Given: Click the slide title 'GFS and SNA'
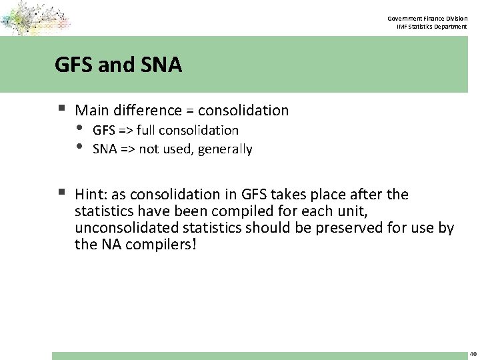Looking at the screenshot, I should point(118,65).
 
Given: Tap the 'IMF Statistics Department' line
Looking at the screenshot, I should point(432,27).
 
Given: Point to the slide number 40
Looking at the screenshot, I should point(473,354).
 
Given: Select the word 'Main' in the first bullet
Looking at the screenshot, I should point(91,110).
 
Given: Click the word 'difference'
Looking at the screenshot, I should point(147,110).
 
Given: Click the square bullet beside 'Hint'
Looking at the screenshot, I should point(61,193).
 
